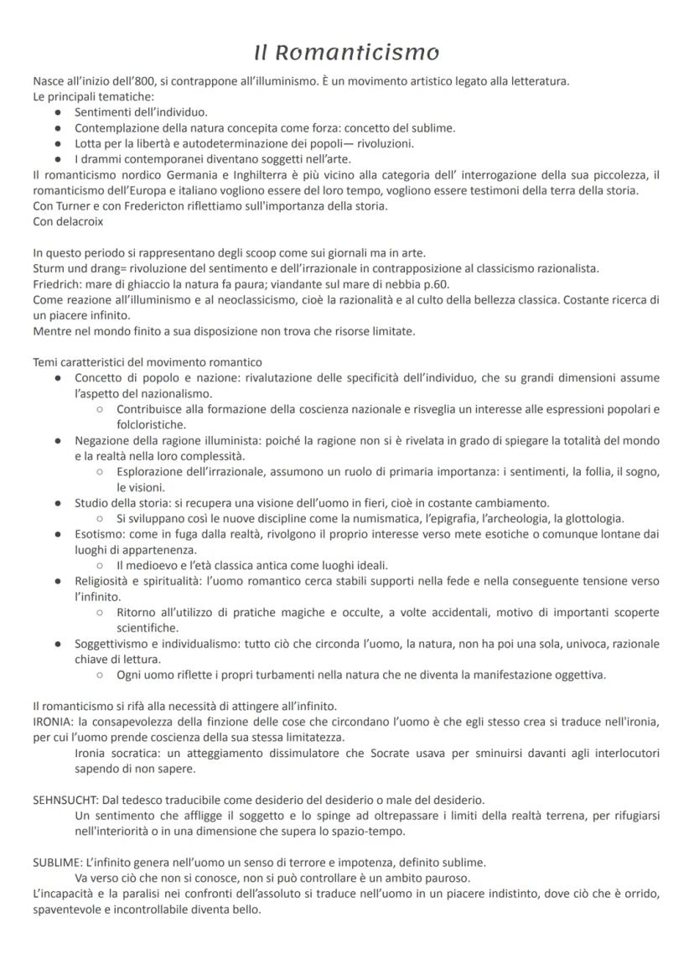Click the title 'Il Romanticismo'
(346, 53)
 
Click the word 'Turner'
(79, 206)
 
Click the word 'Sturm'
(50, 269)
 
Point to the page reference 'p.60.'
(433, 284)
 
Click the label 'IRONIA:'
(53, 722)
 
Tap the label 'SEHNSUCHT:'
(64, 800)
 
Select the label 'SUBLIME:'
(57, 862)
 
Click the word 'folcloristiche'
(150, 425)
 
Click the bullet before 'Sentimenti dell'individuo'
(57, 111)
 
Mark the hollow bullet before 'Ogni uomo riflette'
(99, 675)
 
